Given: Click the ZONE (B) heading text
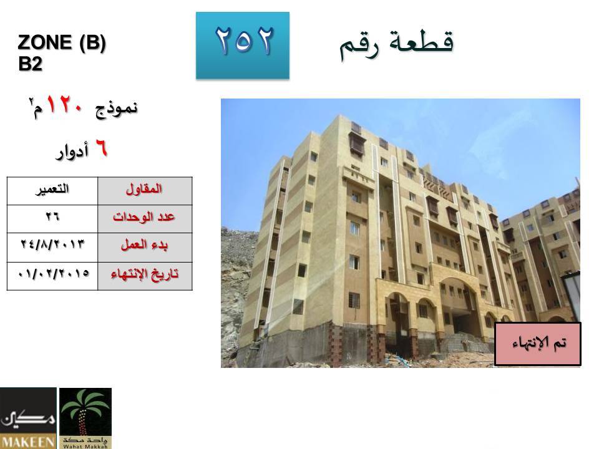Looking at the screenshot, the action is pyautogui.click(x=62, y=42).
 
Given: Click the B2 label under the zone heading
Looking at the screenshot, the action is pyautogui.click(x=30, y=64).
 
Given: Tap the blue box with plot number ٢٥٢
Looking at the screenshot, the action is pyautogui.click(x=243, y=46).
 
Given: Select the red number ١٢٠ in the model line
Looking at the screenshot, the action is pyautogui.click(x=64, y=105).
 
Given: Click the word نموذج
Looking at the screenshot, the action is pyautogui.click(x=116, y=109).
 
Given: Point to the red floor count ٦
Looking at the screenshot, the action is pyautogui.click(x=101, y=148).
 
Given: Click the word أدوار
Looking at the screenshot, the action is pyautogui.click(x=72, y=151).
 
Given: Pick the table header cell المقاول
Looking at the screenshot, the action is pyautogui.click(x=145, y=191).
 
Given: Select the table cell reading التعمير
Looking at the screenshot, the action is pyautogui.click(x=52, y=191).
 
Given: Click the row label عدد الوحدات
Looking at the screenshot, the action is pyautogui.click(x=144, y=217).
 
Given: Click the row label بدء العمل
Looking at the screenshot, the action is pyautogui.click(x=144, y=244).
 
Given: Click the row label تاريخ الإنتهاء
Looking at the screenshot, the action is pyautogui.click(x=145, y=274).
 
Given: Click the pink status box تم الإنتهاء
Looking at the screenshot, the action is pyautogui.click(x=538, y=344).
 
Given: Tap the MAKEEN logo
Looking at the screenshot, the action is pyautogui.click(x=28, y=418).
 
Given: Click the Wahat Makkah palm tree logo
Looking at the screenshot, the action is pyautogui.click(x=85, y=418).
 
